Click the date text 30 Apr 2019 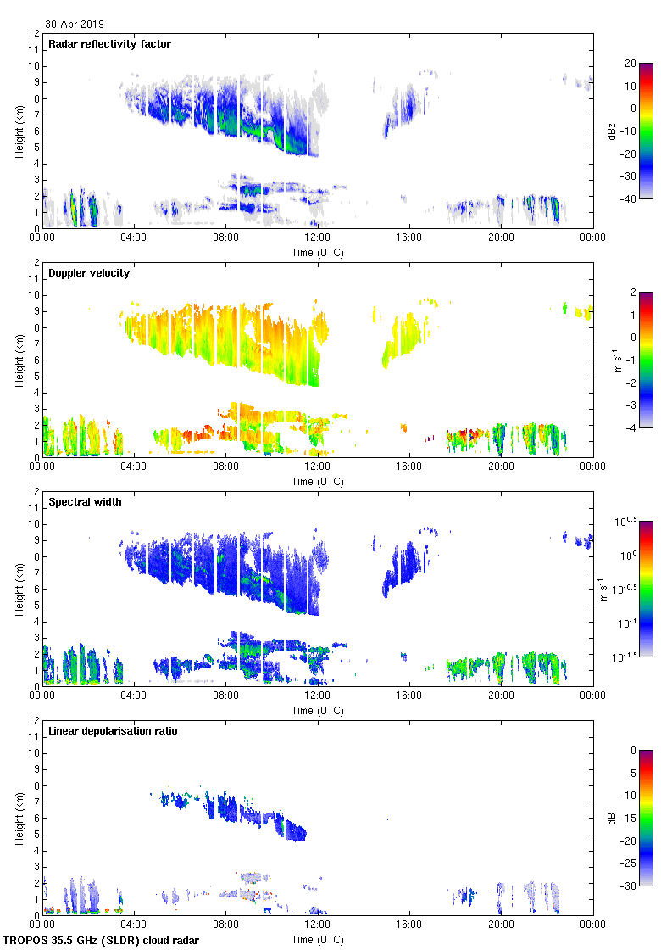point(75,25)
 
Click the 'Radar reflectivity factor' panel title point(110,44)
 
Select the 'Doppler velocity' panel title point(89,273)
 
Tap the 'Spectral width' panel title point(86,502)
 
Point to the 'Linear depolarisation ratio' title point(113,731)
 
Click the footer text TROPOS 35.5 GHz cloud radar point(102,941)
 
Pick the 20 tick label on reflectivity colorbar point(630,64)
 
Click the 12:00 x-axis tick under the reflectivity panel point(318,237)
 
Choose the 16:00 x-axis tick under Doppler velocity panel point(409,467)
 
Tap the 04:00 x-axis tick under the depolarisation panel point(134,925)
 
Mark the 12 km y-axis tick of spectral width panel point(32,492)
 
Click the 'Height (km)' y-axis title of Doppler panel point(19,360)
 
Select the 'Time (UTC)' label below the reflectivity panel point(318,253)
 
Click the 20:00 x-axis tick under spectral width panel point(501,696)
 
